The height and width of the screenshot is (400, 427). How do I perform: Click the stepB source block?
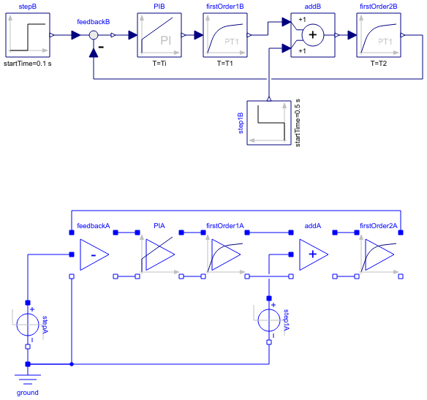(x=28, y=34)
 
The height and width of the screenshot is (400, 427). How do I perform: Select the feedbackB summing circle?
(x=94, y=35)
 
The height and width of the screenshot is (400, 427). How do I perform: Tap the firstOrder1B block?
(x=225, y=34)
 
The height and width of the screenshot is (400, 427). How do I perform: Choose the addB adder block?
(x=313, y=34)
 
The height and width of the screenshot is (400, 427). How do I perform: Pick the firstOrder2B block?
(x=379, y=34)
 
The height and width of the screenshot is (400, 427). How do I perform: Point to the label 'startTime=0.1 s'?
(x=28, y=64)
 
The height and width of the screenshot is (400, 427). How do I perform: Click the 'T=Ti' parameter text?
(x=159, y=64)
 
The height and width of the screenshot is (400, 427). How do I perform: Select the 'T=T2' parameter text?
(x=379, y=64)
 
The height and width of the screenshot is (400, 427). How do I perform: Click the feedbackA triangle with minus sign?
(x=93, y=254)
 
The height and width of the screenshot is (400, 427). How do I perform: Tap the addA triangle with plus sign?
(x=312, y=254)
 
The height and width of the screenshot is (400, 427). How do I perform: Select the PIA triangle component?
(x=159, y=254)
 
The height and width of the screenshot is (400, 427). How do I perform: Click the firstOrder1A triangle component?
(x=224, y=254)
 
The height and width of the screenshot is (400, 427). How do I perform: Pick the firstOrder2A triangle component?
(x=378, y=254)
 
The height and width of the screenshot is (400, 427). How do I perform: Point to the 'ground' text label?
(x=28, y=393)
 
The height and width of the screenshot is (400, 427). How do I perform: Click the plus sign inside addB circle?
(x=313, y=34)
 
